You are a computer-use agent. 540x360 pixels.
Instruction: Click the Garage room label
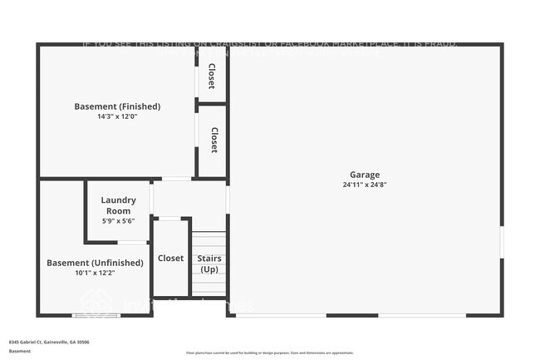pos(364,175)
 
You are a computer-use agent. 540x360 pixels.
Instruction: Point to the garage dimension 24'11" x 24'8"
pos(364,185)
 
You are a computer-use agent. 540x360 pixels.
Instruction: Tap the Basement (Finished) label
pos(117,106)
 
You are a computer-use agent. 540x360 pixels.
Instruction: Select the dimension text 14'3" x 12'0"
pos(117,116)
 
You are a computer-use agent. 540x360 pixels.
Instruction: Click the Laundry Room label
pos(118,205)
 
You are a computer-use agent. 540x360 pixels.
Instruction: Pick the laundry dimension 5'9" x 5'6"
pos(118,221)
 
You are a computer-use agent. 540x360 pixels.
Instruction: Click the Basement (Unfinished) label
pos(95,263)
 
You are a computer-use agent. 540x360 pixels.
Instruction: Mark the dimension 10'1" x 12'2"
pos(95,273)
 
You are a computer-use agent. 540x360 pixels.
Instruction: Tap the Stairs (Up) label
pos(209,264)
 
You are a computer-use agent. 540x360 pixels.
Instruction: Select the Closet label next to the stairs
pos(171,259)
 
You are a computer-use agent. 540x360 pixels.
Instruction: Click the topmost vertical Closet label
pos(212,76)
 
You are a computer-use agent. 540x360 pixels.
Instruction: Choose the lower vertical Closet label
pos(214,140)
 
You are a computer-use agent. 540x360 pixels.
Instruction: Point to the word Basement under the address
pos(20,352)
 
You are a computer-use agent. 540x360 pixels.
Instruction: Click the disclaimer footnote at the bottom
pos(271,353)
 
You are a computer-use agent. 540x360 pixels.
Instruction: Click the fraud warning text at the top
pos(270,44)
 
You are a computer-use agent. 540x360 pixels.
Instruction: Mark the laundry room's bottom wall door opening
pos(133,242)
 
